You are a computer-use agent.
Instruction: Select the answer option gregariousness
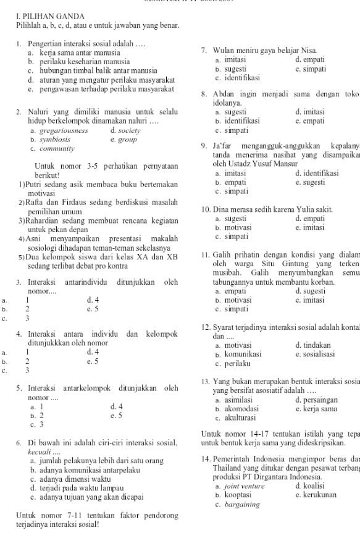pyautogui.click(x=64, y=131)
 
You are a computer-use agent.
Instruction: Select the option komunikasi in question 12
pyautogui.click(x=243, y=355)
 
